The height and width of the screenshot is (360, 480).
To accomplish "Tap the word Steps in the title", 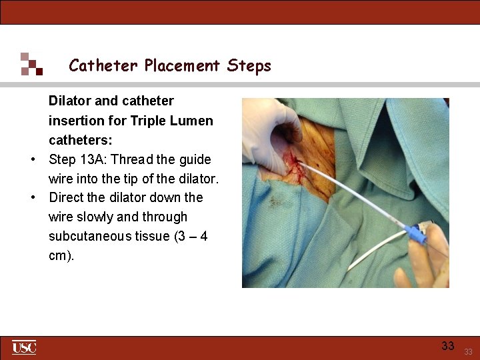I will (x=249, y=65).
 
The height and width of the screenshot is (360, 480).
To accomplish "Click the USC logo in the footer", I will (x=24, y=347).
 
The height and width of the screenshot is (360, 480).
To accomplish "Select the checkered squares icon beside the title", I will (x=31, y=64).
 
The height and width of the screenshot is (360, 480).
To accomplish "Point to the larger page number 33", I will (x=448, y=345).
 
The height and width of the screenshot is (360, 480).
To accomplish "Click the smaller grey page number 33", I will (x=468, y=351).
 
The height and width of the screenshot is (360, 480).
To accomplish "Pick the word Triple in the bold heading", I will (x=149, y=121).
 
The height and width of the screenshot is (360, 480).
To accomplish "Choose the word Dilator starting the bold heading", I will (x=70, y=101).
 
